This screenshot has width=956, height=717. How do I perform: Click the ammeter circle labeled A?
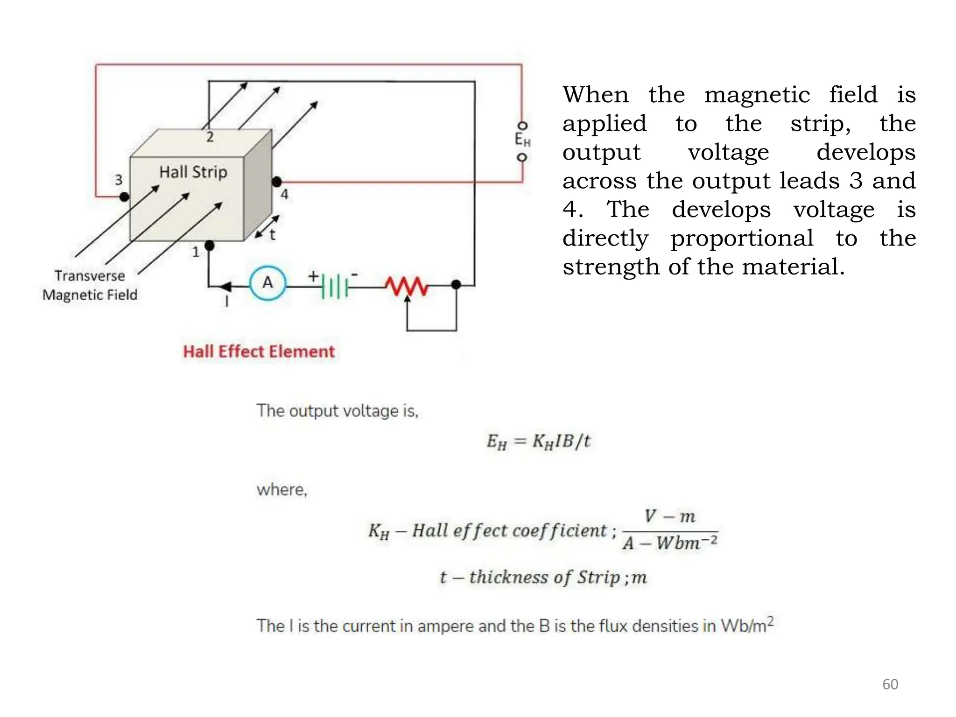click(267, 283)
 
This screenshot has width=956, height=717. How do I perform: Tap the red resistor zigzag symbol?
click(406, 286)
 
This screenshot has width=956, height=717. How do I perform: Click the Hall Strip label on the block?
click(193, 172)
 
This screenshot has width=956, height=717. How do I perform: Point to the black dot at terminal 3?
click(124, 197)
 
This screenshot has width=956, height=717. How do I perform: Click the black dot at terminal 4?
click(277, 182)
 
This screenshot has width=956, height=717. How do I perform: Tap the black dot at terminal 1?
click(210, 245)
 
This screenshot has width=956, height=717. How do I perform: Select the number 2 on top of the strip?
click(210, 137)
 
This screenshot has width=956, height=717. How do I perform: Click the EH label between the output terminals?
click(522, 139)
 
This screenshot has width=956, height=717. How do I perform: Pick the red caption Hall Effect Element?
click(259, 351)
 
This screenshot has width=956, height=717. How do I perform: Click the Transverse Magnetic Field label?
click(90, 285)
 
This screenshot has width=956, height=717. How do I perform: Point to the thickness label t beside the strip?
click(273, 234)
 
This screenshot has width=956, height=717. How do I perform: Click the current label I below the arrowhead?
click(227, 302)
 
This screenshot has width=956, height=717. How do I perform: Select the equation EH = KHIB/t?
click(538, 441)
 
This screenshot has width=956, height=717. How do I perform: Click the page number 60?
click(890, 684)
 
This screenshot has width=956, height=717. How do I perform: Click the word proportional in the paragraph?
click(742, 239)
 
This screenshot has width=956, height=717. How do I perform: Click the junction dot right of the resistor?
click(456, 284)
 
